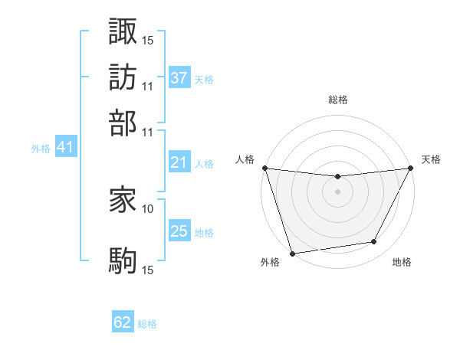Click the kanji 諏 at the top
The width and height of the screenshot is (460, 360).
tap(123, 31)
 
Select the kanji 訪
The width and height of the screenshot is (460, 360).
tap(123, 77)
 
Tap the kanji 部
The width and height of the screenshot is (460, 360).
tap(123, 122)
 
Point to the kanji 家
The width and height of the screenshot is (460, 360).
tap(123, 201)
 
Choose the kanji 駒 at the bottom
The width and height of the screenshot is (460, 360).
tap(123, 260)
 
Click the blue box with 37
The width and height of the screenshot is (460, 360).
tap(179, 78)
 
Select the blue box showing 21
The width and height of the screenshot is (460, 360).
tap(179, 162)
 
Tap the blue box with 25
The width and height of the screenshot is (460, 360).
tap(179, 231)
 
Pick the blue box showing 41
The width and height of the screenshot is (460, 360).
tap(65, 148)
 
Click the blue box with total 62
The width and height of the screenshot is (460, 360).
tap(123, 322)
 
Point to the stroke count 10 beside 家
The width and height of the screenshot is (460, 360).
tap(148, 208)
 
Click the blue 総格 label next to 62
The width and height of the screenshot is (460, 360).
tap(147, 324)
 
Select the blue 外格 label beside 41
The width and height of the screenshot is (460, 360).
tap(40, 149)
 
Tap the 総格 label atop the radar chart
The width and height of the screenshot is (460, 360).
tap(337, 100)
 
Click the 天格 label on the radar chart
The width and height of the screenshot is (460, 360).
tap(431, 159)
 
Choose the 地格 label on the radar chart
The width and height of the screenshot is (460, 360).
tap(402, 263)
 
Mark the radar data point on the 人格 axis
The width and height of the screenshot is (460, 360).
tap(264, 168)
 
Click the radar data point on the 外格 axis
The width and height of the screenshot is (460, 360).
tap(292, 254)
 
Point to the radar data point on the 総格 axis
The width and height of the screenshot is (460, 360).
tap(337, 177)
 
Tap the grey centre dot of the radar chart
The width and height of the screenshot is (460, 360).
tap(337, 191)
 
